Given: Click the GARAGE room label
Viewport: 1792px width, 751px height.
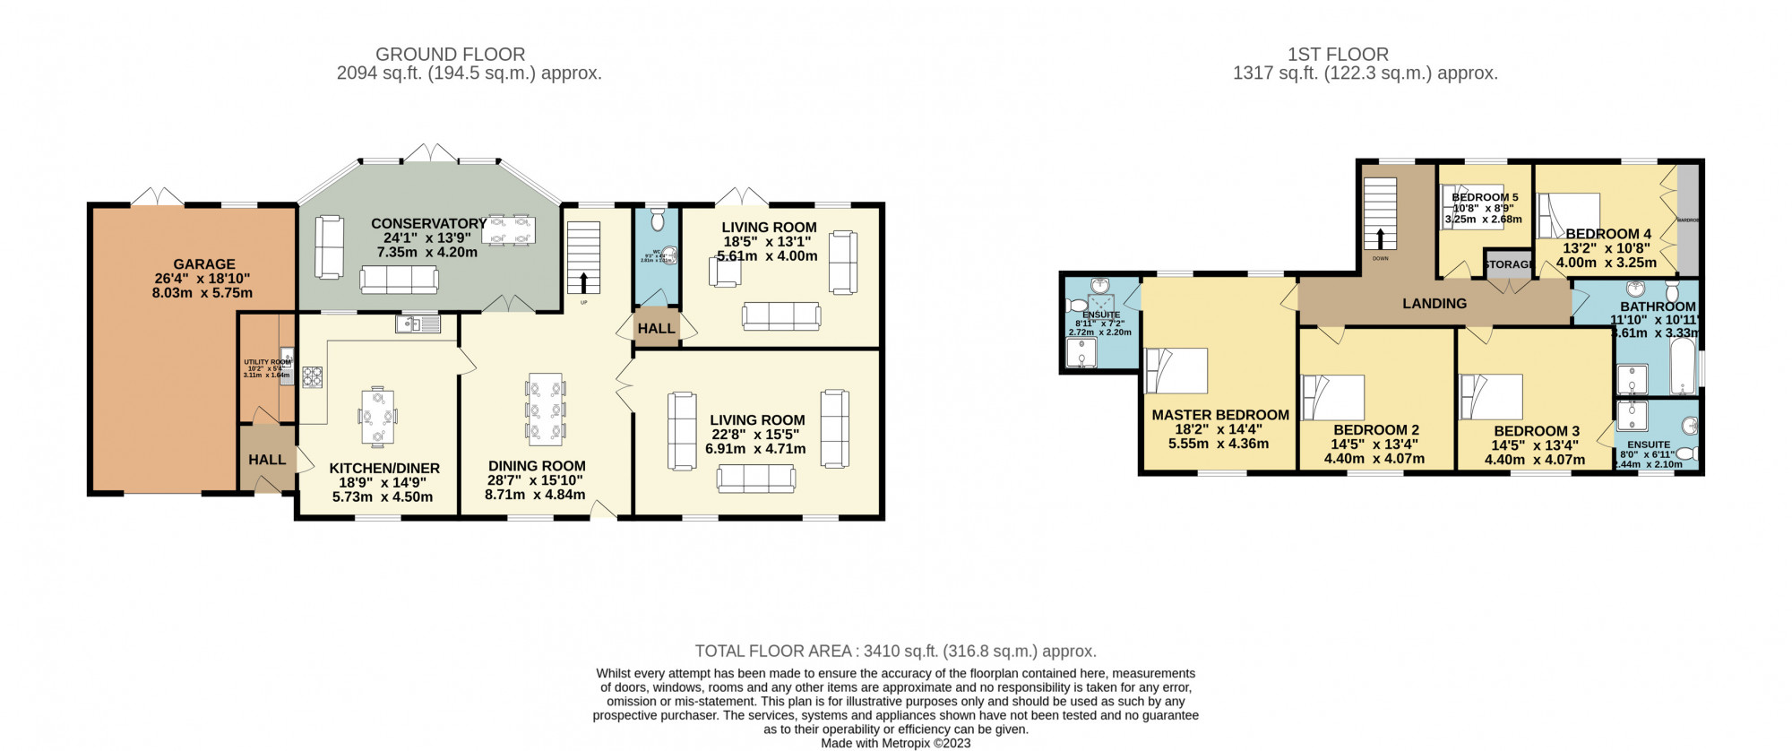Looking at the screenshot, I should click(x=204, y=264).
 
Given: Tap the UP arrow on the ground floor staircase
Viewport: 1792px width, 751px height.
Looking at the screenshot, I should click(x=584, y=283).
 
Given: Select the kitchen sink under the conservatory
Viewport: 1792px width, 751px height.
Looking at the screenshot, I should click(x=418, y=324).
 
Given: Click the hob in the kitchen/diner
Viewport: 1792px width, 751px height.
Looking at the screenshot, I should click(x=312, y=377).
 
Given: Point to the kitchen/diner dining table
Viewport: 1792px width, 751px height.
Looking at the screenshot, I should click(x=377, y=417).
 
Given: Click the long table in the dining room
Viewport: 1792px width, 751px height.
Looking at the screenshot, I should click(x=546, y=410).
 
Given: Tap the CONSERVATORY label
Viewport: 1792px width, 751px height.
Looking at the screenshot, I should click(x=428, y=224).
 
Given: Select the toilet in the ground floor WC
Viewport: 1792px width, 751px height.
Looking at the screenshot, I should click(x=657, y=220).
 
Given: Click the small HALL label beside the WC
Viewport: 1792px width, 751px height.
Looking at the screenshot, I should click(x=656, y=329).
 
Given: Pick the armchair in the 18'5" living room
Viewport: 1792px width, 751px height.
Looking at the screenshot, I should click(x=724, y=271).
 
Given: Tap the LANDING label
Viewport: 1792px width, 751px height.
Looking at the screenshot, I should click(x=1434, y=304).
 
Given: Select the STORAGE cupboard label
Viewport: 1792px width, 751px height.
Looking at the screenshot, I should click(x=1508, y=264).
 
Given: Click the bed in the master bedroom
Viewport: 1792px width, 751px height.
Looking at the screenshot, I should click(x=1176, y=371).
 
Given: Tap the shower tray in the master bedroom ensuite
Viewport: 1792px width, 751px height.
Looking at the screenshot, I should click(x=1081, y=353).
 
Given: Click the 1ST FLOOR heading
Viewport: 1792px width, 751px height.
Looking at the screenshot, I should click(x=1338, y=55).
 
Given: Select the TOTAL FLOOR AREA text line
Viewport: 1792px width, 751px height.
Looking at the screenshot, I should click(x=895, y=652).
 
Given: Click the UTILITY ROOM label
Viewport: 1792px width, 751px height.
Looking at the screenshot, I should click(x=267, y=363).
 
